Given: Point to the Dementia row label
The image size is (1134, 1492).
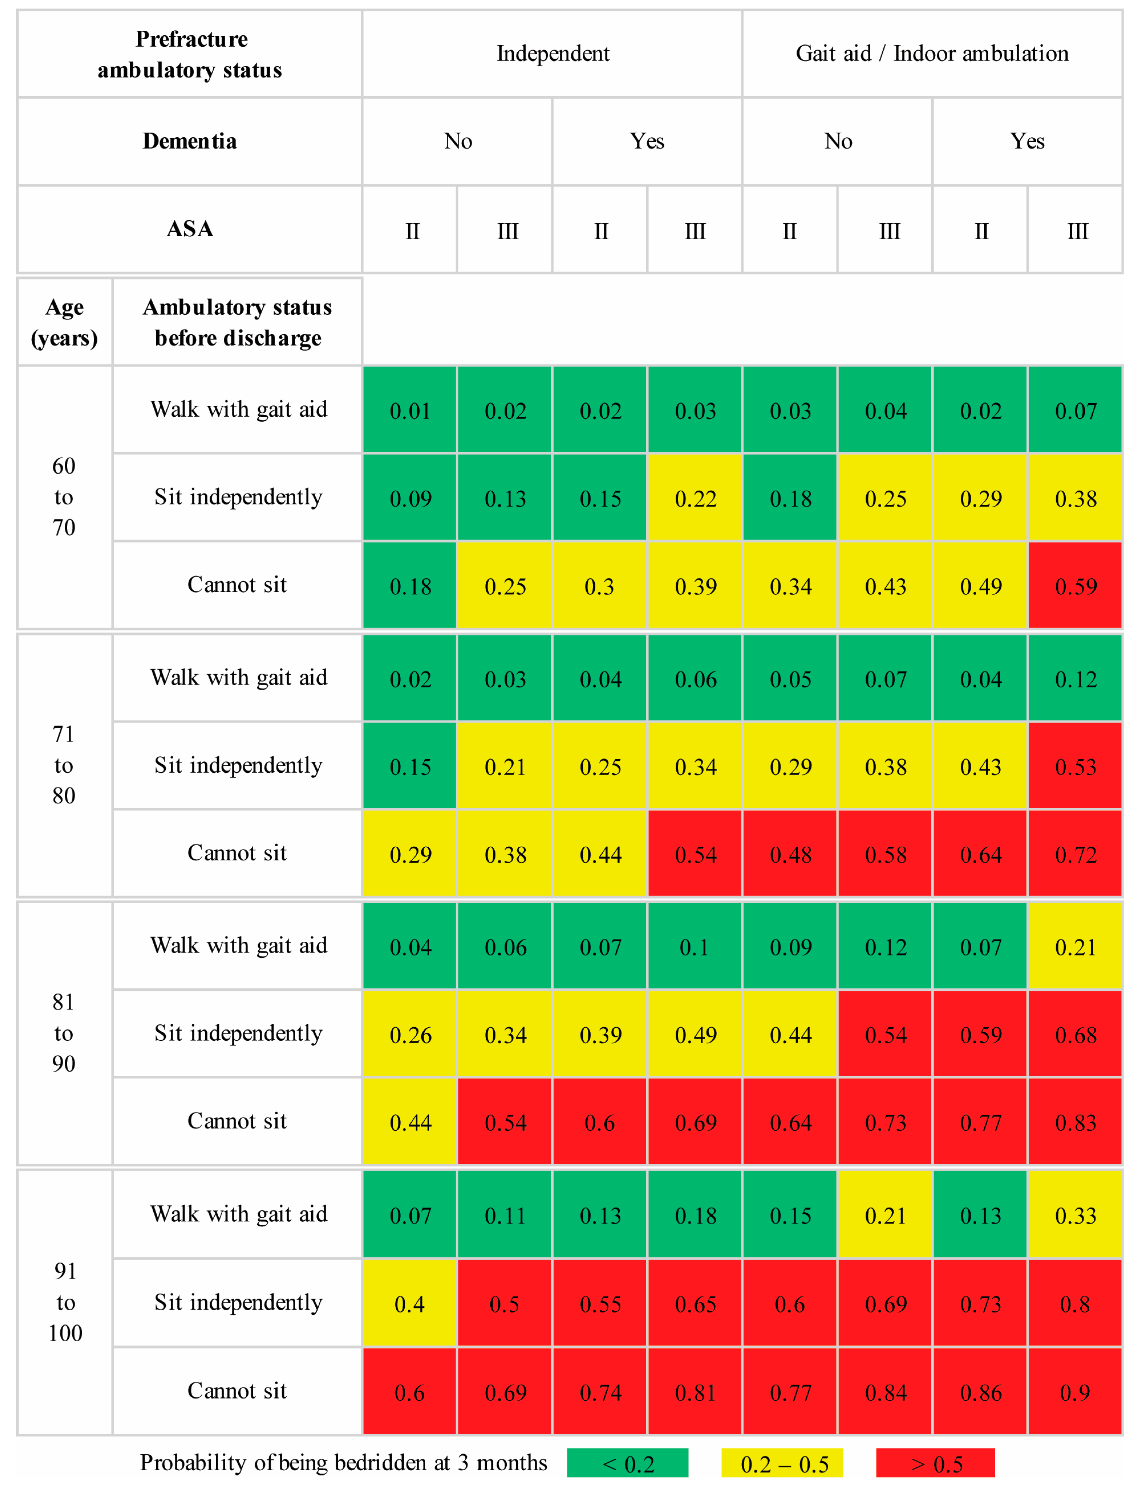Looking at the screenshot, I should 190,141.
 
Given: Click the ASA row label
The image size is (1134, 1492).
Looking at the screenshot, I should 190,229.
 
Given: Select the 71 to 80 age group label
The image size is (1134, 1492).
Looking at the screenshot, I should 64,765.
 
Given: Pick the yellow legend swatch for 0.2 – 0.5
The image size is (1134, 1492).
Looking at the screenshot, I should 782,1463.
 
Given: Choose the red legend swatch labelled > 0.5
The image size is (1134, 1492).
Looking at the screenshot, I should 936,1463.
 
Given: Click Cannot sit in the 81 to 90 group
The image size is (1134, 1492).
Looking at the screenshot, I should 237,1121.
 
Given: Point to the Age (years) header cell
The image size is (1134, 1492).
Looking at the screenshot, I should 64,322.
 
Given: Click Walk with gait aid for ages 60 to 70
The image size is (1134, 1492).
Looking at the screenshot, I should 238,409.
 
